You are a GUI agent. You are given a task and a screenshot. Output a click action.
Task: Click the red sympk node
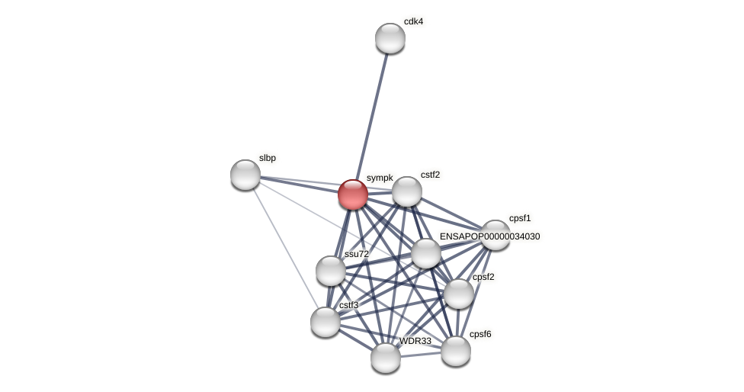point(353,194)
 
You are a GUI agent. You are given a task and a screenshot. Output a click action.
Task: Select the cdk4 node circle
point(390,38)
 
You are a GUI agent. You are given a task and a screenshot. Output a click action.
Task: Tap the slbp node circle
point(245,175)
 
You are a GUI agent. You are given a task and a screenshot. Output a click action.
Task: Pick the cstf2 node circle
point(407,191)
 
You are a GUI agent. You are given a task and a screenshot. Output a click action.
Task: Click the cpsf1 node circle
point(495,235)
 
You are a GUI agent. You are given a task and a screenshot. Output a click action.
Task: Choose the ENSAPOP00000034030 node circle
point(426,253)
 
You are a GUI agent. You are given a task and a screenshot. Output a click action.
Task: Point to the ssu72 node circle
point(331,271)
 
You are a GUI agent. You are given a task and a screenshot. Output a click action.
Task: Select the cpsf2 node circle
point(459,294)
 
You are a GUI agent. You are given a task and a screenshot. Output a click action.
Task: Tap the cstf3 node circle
point(325,322)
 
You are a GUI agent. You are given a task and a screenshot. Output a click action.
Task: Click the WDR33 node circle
point(386,358)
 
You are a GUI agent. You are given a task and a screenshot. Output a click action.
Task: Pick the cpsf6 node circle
point(456,351)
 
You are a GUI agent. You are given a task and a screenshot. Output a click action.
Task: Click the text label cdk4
point(413,21)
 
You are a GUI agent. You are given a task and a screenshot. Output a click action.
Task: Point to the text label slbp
point(267,158)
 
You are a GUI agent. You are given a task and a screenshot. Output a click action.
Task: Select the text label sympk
point(380,178)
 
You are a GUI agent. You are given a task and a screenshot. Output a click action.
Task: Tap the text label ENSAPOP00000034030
point(489,236)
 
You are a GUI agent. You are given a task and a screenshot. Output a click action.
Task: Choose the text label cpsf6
point(480,334)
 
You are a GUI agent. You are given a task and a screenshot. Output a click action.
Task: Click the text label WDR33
point(415,341)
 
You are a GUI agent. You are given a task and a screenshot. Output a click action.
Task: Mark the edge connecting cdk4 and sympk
point(372,114)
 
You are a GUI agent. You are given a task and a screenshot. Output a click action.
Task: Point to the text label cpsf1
point(520,218)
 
